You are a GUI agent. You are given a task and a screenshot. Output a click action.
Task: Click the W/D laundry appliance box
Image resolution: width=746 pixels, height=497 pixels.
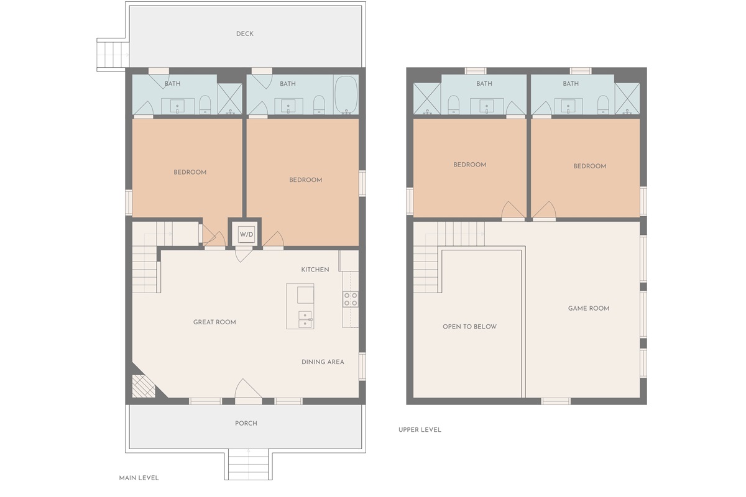247,234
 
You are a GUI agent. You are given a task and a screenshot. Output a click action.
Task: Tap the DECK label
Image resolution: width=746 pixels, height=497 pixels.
245,34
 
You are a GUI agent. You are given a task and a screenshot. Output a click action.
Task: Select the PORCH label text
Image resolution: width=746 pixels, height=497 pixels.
246,424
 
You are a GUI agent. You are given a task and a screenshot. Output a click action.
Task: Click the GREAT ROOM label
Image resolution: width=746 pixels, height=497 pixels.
214,322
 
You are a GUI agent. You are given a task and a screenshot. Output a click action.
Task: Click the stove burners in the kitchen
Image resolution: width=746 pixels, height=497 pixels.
351,299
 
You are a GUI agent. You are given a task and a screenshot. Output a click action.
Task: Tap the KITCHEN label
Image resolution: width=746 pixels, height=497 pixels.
315,270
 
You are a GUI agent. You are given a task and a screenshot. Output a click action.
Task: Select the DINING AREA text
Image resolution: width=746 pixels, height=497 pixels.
323,362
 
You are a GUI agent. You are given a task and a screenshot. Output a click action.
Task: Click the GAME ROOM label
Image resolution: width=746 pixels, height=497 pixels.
589,308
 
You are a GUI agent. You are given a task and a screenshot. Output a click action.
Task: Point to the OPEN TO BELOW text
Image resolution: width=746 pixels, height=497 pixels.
469,327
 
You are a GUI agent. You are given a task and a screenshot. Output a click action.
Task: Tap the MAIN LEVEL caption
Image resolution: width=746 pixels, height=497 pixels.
139,478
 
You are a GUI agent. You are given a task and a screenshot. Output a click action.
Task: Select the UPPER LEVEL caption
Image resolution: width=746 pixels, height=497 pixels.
420,430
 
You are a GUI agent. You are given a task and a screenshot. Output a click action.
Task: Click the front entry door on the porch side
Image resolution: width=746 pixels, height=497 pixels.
248,390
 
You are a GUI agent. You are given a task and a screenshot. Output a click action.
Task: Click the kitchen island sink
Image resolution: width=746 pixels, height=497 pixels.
305,319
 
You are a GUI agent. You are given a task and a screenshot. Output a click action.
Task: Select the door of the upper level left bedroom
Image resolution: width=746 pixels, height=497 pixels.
513,211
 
